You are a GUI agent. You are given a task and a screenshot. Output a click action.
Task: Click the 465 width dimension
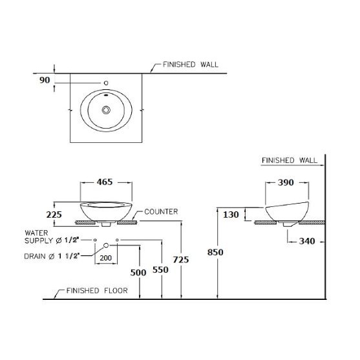[105, 182]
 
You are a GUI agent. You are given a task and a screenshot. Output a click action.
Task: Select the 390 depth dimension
[286, 182]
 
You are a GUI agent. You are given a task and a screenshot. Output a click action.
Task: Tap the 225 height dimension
[54, 215]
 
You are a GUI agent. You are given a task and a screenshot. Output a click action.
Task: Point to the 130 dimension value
[231, 215]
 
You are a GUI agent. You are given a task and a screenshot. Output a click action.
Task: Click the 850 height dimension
[215, 252]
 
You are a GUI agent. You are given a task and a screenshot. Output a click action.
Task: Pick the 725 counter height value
[181, 260]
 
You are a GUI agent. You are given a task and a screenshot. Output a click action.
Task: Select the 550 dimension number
[160, 270]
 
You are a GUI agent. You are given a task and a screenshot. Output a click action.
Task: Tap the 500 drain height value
[138, 273]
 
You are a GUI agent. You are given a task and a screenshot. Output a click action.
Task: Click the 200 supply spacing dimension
[106, 258]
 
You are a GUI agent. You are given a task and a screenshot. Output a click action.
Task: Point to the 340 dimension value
[307, 241]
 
